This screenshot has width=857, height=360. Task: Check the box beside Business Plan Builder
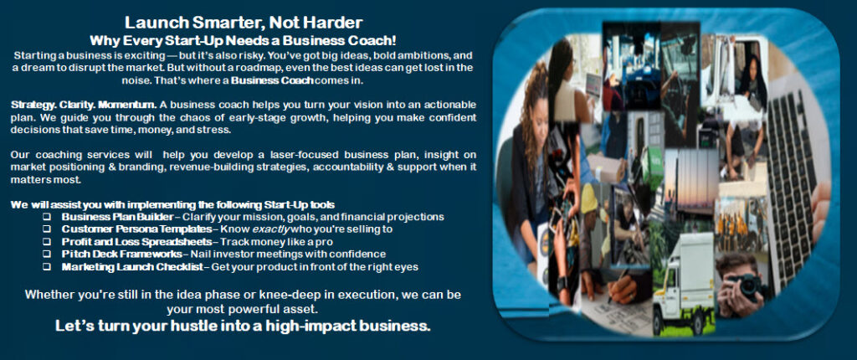click(47, 217)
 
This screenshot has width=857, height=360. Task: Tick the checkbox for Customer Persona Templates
click(47, 229)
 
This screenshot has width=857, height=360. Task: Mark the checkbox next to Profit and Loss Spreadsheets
click(47, 242)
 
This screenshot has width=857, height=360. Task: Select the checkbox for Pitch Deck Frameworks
click(47, 255)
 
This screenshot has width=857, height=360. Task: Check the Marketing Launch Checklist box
click(47, 267)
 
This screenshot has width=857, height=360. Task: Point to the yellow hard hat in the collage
click(588, 198)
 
